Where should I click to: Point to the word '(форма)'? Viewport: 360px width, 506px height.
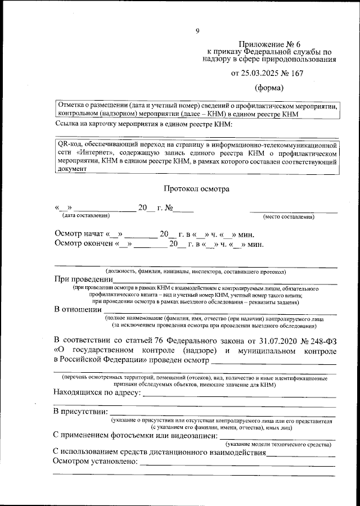[269, 88]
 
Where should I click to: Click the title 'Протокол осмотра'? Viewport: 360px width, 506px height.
[196, 189]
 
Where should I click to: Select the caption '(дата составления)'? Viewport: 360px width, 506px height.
[86, 215]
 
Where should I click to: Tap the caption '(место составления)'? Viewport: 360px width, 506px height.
[289, 216]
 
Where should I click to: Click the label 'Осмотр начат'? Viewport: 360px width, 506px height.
[79, 234]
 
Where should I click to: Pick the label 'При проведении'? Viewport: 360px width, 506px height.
[83, 279]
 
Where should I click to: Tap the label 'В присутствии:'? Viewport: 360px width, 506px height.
[80, 413]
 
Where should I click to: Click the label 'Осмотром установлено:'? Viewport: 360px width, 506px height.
[95, 461]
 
